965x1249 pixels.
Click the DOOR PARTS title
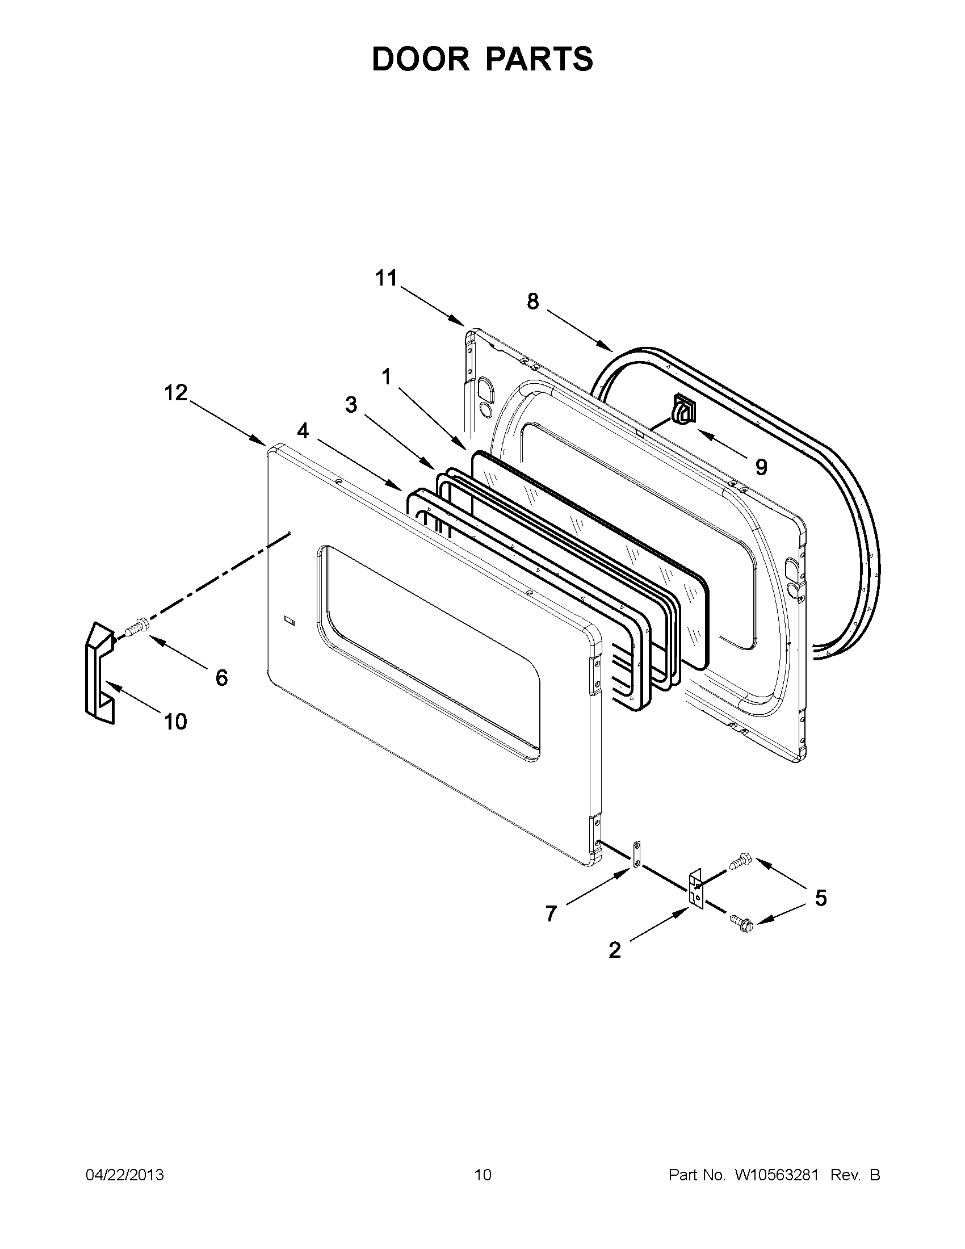[482, 59]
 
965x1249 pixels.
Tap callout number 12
[176, 393]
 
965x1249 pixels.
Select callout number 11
[386, 279]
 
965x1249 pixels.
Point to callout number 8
[532, 301]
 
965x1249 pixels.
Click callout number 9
[761, 467]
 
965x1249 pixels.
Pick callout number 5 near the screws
[820, 898]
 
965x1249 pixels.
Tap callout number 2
[615, 950]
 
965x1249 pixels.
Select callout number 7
[551, 914]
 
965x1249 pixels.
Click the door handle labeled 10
[97, 676]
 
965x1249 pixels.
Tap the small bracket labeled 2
[696, 890]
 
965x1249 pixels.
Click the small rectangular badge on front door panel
[289, 619]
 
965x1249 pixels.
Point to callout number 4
[303, 431]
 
